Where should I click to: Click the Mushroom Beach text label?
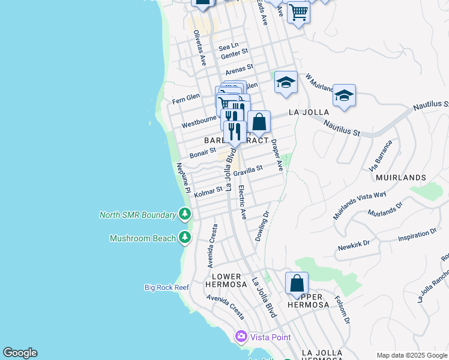[143, 238]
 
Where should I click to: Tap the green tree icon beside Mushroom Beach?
[185, 238]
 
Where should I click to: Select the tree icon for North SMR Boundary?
[185, 214]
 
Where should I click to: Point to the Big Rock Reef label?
[167, 287]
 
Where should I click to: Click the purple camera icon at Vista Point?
[241, 337]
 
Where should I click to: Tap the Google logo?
[20, 353]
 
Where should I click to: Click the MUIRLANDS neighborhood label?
[401, 178]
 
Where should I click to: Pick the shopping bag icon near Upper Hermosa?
[297, 284]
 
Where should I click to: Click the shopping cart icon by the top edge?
[298, 11]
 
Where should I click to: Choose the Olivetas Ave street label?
[199, 49]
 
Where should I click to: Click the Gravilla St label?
[249, 171]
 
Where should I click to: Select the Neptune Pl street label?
[183, 178]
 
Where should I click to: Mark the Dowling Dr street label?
[262, 226]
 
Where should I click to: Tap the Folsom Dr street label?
[342, 310]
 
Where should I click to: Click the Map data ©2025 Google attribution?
[412, 355]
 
